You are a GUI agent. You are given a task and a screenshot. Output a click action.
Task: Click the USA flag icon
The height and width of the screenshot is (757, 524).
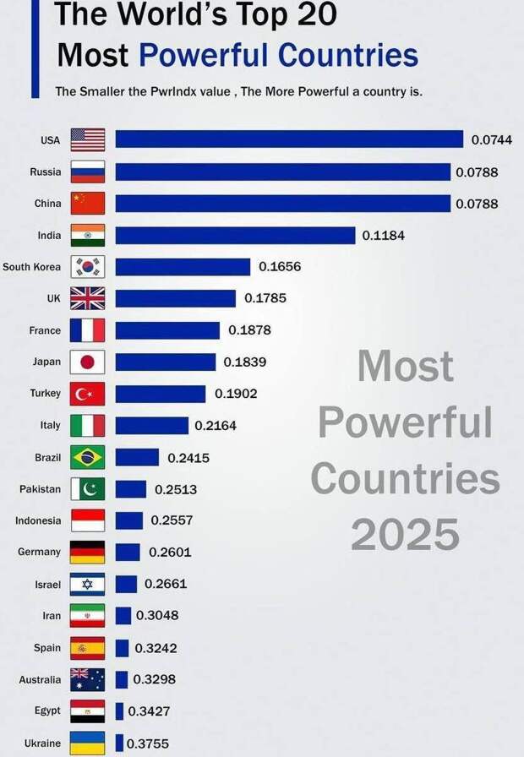[88, 139]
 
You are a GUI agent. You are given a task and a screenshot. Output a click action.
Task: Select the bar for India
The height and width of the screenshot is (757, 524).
[235, 235]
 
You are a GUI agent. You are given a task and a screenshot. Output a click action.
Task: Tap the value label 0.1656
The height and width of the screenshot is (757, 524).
[280, 267]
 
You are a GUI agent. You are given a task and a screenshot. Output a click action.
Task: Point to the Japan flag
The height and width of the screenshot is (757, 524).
[88, 362]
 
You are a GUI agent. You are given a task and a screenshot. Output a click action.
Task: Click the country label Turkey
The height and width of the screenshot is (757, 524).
[45, 394]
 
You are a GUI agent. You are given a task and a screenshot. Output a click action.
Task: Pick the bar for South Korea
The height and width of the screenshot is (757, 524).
[183, 267]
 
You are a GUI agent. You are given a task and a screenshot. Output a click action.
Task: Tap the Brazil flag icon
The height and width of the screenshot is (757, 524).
[88, 457]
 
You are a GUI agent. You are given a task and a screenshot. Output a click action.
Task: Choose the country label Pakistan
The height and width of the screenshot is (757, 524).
[41, 489]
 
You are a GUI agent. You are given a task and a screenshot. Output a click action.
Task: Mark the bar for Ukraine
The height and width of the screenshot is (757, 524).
[119, 743]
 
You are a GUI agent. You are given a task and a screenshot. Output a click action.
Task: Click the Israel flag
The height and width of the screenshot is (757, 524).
[88, 584]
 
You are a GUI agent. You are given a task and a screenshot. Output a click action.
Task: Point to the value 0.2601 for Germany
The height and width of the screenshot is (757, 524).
[170, 553]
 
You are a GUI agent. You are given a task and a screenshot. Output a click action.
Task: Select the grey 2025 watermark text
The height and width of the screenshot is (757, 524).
[405, 534]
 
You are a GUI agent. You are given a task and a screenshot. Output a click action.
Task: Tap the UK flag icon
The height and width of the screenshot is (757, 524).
[88, 298]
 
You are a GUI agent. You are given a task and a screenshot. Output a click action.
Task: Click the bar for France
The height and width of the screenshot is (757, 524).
[167, 330]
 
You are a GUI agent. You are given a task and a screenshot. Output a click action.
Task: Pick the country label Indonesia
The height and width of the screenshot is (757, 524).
[38, 520]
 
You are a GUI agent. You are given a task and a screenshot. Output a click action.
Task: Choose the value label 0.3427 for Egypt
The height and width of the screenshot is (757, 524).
[150, 711]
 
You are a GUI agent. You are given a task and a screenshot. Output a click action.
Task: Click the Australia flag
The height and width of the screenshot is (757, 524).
[88, 679]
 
